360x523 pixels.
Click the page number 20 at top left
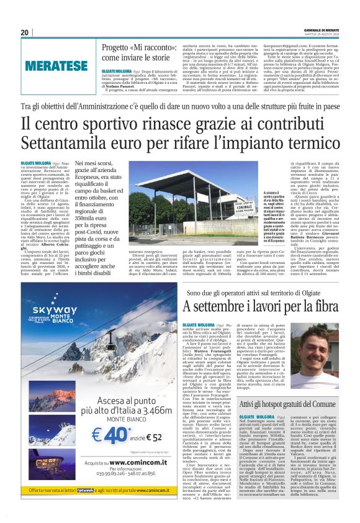point(24,32)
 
